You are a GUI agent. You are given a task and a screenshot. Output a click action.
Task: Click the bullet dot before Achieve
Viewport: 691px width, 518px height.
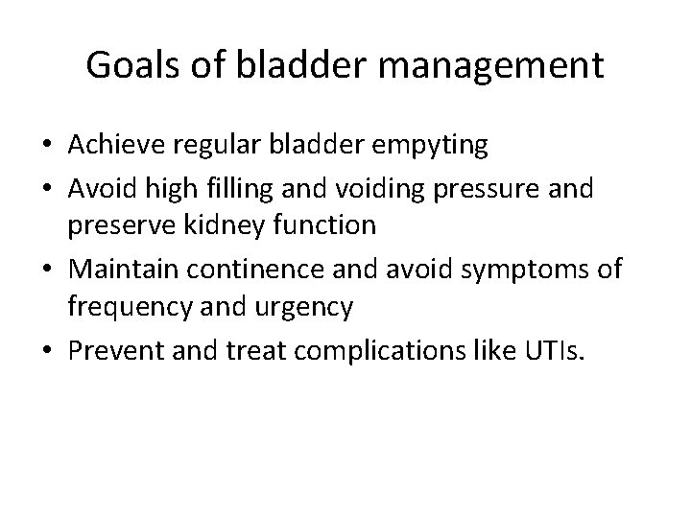(45, 147)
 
